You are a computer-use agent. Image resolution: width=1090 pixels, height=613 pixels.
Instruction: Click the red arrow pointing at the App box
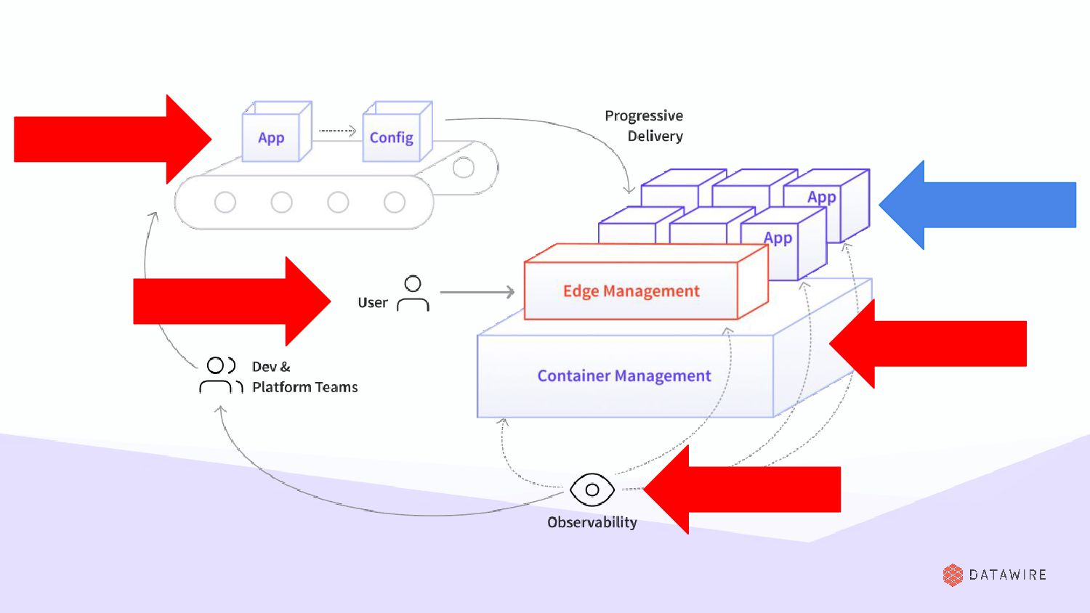tap(109, 139)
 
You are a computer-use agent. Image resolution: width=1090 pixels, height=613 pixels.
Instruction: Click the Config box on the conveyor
tap(392, 137)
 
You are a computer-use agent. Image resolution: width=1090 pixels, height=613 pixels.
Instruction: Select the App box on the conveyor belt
tap(271, 137)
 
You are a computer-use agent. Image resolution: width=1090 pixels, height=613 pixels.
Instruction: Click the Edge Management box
tap(631, 291)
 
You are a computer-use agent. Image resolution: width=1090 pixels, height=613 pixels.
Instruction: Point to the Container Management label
tap(624, 375)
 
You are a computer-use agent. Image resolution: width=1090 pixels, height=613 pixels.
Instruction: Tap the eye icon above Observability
tap(592, 490)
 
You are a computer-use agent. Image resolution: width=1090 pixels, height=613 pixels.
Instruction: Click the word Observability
tap(592, 522)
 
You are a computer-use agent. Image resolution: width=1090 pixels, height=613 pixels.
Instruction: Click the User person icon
tap(413, 293)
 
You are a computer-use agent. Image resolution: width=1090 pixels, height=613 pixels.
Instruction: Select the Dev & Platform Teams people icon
tap(219, 375)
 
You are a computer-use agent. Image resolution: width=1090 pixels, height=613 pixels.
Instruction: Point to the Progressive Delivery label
tap(645, 126)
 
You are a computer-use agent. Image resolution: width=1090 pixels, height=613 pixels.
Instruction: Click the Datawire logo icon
tap(953, 575)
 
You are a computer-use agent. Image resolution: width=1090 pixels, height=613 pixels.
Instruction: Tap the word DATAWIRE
tap(1008, 575)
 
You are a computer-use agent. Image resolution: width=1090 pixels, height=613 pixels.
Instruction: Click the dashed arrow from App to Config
tap(337, 131)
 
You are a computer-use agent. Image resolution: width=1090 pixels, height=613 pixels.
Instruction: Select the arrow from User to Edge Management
tap(477, 292)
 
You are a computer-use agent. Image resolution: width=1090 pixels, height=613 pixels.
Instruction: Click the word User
tap(373, 303)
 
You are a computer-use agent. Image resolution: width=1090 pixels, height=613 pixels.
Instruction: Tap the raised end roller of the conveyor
tap(464, 168)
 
